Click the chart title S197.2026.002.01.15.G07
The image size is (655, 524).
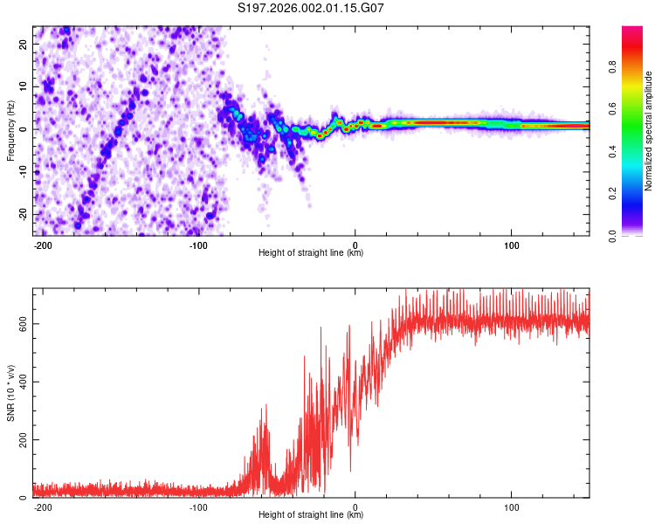coord(311,8)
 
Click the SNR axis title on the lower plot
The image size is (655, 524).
coord(10,393)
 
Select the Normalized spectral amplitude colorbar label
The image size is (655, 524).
coord(648,131)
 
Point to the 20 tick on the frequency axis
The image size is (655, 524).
coord(24,44)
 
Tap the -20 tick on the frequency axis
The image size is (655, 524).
coord(23,215)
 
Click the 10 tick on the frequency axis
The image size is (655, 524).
coord(24,86)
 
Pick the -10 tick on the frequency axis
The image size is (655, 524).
coord(23,172)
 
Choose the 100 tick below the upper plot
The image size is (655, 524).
coord(511,245)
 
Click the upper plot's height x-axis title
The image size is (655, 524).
coord(311,253)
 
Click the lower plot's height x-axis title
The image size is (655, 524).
coord(311,515)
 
